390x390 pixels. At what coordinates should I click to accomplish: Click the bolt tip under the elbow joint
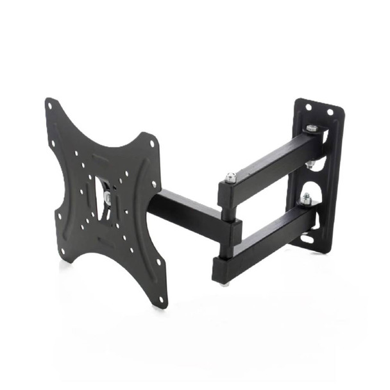pyautogui.click(x=224, y=282)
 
